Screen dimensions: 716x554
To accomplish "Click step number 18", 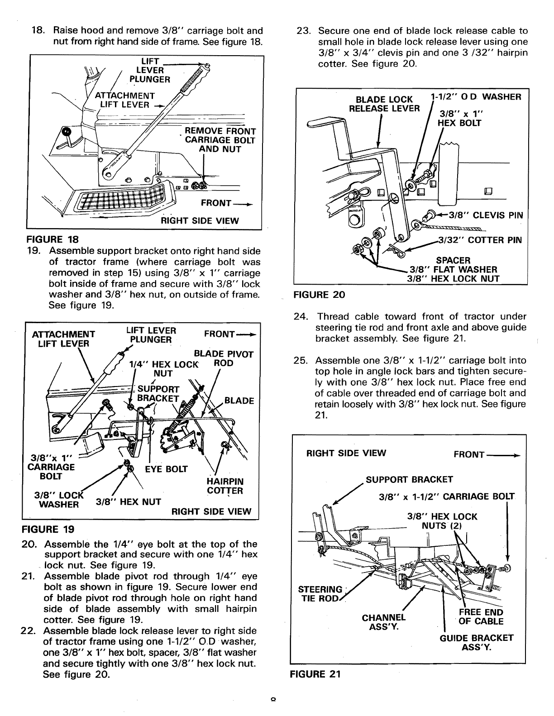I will [38, 31].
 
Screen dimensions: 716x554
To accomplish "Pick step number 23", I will [302, 31].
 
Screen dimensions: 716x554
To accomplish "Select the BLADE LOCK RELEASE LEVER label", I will [384, 104].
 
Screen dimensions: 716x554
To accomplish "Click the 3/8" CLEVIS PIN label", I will [485, 215].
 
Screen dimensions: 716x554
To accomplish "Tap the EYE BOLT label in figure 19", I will [166, 469].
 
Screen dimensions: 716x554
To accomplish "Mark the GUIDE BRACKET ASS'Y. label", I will [476, 642].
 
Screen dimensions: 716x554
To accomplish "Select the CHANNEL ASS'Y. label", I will [384, 622].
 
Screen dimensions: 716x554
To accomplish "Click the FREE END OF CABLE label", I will [481, 617].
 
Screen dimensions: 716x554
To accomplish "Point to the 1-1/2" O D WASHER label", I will [477, 97].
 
